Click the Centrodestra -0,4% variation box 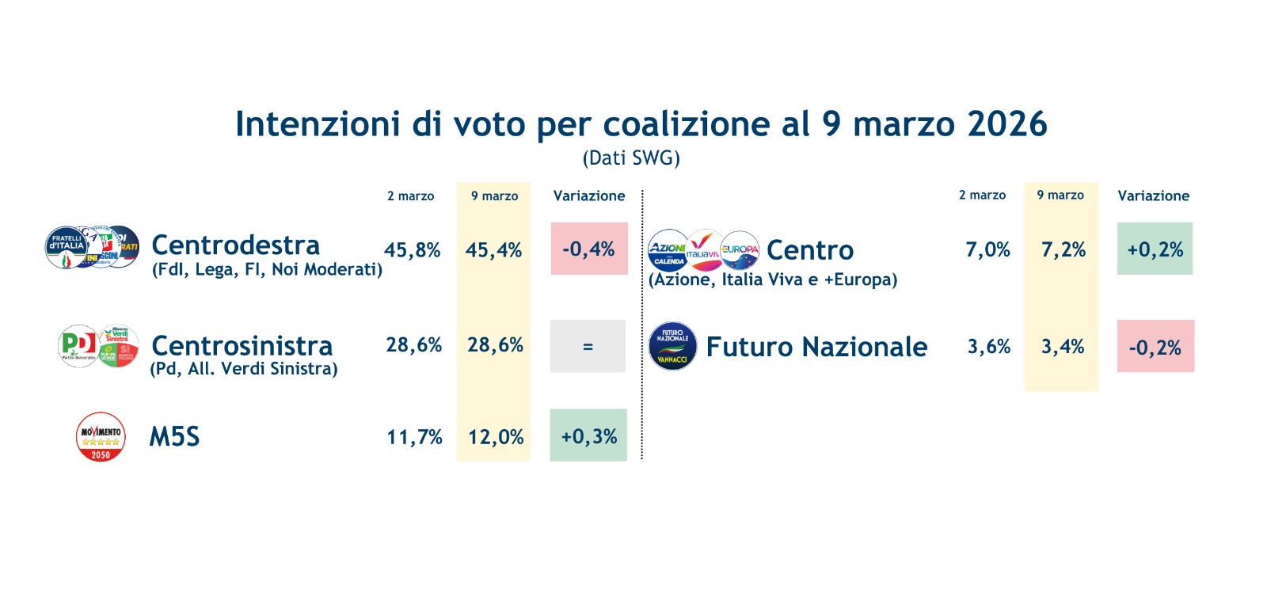tap(589, 249)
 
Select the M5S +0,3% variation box tap(588, 435)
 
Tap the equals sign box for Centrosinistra tap(588, 346)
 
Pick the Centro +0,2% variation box tap(1155, 249)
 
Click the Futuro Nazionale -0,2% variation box tap(1155, 346)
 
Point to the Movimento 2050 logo tap(101, 436)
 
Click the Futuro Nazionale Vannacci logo tap(672, 346)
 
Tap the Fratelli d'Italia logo tap(67, 246)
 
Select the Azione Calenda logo tap(668, 251)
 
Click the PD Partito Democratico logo tap(78, 345)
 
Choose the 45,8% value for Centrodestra tap(412, 250)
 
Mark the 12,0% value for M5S tap(496, 437)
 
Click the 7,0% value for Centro tap(987, 250)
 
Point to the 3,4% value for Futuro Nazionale tap(1063, 347)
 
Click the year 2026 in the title tap(1007, 124)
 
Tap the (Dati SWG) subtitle tap(631, 158)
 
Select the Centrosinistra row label tap(242, 346)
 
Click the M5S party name tap(174, 436)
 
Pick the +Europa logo tap(740, 250)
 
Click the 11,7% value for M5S tap(414, 437)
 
